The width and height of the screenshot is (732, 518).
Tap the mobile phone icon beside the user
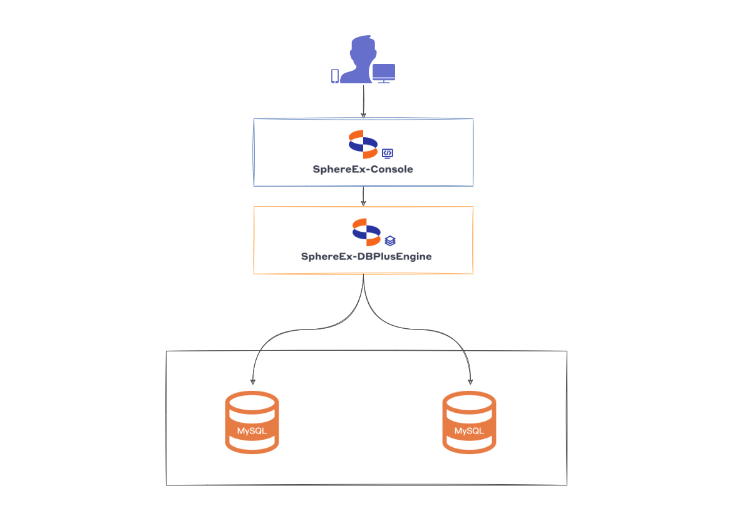[x=335, y=76]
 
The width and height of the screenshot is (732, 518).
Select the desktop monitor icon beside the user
[x=384, y=73]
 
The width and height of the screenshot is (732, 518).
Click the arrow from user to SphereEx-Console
[x=363, y=100]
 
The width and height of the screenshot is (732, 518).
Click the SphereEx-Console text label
[x=363, y=169]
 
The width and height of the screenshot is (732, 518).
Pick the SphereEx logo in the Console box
[x=363, y=144]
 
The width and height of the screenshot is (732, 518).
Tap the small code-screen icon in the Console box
[x=388, y=153]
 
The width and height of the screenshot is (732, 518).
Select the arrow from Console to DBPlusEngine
[x=363, y=196]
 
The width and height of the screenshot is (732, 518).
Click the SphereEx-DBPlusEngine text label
[x=366, y=256]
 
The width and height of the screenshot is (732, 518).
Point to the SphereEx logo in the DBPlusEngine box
[x=366, y=232]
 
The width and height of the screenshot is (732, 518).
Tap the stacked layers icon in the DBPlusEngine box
[x=390, y=241]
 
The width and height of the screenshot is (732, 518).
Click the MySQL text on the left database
[x=252, y=432]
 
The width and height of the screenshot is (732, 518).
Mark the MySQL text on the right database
[x=469, y=432]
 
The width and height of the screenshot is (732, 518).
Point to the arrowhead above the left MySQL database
[x=252, y=380]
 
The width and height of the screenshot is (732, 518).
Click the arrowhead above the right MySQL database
[x=470, y=380]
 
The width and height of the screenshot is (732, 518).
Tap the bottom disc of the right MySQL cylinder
[x=469, y=445]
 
